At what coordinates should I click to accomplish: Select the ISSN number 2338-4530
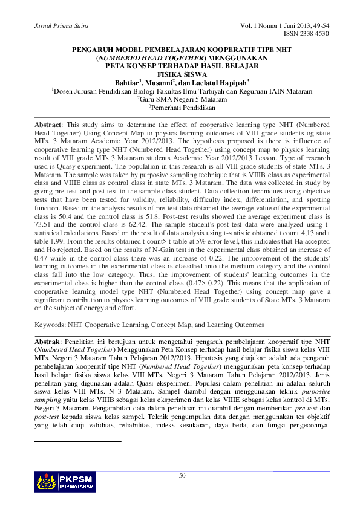(309, 34)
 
